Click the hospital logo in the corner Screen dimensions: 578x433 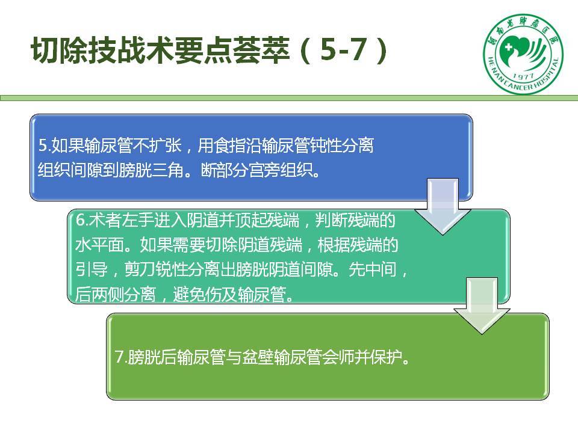[523, 54]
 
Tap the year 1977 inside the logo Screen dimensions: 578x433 [523, 76]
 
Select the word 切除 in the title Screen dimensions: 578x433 [60, 50]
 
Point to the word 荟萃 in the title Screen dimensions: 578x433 [261, 50]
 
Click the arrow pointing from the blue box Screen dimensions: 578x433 [443, 206]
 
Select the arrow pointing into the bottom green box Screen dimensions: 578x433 [482, 306]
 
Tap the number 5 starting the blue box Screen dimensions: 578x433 [43, 145]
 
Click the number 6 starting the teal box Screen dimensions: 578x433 [80, 220]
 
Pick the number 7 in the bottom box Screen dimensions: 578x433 [119, 357]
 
